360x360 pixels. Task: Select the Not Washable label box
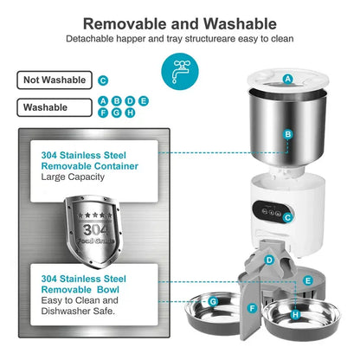54,80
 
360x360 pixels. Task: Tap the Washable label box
54,108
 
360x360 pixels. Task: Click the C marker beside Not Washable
103,80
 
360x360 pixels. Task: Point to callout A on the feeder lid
288,79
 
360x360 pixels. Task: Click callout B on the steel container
288,135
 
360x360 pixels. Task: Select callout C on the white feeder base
288,218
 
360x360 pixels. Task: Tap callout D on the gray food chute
269,260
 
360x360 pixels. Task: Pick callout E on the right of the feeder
308,281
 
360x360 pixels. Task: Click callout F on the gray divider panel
252,307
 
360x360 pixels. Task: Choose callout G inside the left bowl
212,302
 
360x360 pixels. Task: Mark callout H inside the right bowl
295,314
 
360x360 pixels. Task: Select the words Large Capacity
73,176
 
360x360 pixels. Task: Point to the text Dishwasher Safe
79,310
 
